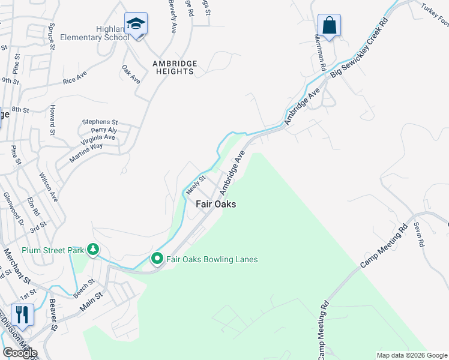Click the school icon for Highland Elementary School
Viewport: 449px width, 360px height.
pyautogui.click(x=136, y=25)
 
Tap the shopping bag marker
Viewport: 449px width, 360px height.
pyautogui.click(x=329, y=26)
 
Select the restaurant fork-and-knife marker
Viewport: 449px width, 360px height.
pyautogui.click(x=22, y=315)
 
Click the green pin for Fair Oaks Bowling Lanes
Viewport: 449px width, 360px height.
pyautogui.click(x=157, y=259)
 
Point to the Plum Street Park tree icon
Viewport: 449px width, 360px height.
pyautogui.click(x=92, y=249)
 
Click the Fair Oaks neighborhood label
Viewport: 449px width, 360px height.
pyautogui.click(x=216, y=204)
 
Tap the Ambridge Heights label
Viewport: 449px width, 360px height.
pyautogui.click(x=173, y=67)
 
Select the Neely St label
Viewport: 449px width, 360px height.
pyautogui.click(x=196, y=185)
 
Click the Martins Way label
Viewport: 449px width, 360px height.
pyautogui.click(x=86, y=146)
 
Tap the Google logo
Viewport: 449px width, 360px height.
pyautogui.click(x=20, y=353)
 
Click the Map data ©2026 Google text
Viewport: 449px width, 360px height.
pyautogui.click(x=411, y=355)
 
